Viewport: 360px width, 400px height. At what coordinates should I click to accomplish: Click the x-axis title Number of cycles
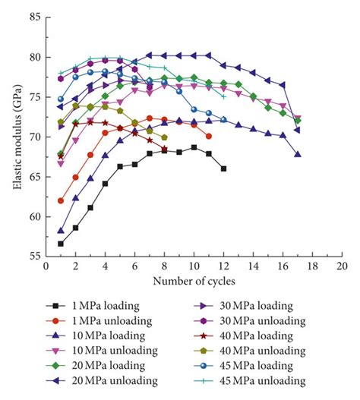pyautogui.click(x=193, y=282)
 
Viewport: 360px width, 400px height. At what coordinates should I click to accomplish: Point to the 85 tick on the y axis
pyautogui.click(x=33, y=17)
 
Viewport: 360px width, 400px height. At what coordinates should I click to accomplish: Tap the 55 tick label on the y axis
pyautogui.click(x=33, y=257)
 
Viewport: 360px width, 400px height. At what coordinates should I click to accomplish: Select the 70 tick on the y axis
pyautogui.click(x=33, y=137)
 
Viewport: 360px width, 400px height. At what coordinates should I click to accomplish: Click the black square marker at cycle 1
pyautogui.click(x=61, y=244)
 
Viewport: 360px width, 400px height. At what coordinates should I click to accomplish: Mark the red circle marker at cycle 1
pyautogui.click(x=61, y=200)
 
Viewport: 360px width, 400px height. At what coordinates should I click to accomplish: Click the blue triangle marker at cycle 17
pyautogui.click(x=297, y=154)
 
